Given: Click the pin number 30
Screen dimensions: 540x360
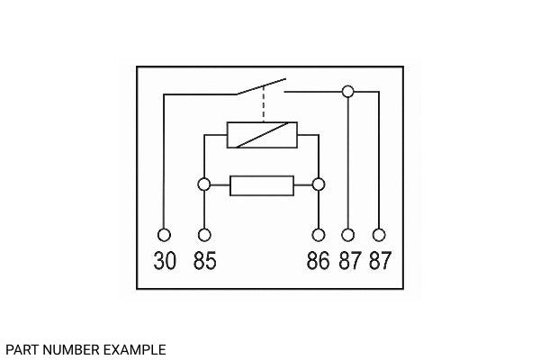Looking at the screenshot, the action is [x=165, y=260].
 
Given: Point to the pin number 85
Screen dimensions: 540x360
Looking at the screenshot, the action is [x=205, y=260].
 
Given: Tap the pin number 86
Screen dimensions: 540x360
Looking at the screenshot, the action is [x=318, y=260].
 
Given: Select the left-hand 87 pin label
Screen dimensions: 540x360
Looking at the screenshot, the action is [x=350, y=260].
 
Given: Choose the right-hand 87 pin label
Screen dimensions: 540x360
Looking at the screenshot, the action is [x=380, y=260].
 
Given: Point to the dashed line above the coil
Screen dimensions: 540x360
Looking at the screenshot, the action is [x=264, y=103].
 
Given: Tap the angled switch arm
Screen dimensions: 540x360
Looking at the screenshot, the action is [x=261, y=86].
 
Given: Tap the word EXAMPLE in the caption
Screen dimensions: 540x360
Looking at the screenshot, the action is [x=135, y=350].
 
